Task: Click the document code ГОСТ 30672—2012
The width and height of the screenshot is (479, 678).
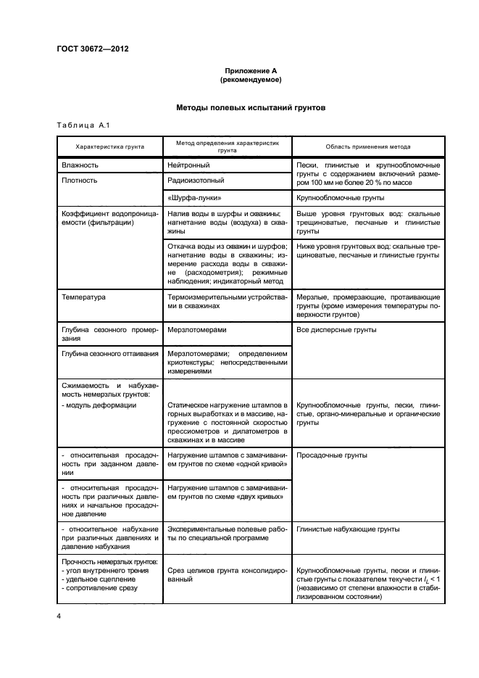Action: click(x=93, y=50)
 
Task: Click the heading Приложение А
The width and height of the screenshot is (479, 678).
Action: click(x=251, y=71)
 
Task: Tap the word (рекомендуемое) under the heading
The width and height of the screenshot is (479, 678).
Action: click(x=251, y=80)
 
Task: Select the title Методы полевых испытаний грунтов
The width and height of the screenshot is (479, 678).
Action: click(x=251, y=108)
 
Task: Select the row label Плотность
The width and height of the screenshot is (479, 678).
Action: click(x=80, y=180)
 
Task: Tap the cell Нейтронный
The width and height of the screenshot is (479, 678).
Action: click(x=188, y=165)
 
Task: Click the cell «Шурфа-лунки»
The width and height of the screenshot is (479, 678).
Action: click(x=194, y=197)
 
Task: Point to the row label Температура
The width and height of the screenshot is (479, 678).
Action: click(x=85, y=297)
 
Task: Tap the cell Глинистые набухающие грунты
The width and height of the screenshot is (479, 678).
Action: click(x=348, y=529)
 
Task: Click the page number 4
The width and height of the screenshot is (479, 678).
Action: click(x=59, y=616)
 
